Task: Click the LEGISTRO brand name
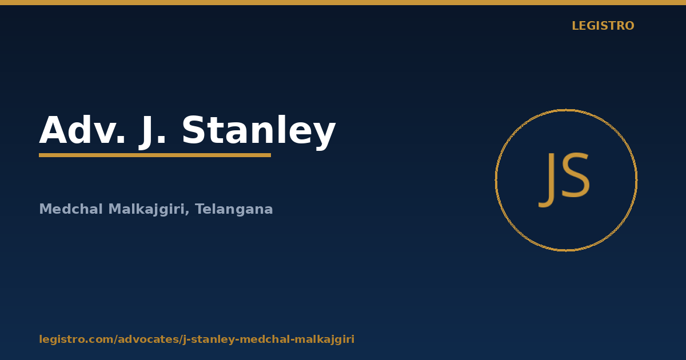pyautogui.click(x=603, y=26)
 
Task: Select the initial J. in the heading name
pyautogui.click(x=152, y=132)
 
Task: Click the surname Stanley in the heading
pyautogui.click(x=259, y=132)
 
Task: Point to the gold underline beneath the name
pyautogui.click(x=155, y=155)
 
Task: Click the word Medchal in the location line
pyautogui.click(x=71, y=209)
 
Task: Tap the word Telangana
pyautogui.click(x=234, y=210)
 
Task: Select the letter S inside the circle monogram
pyautogui.click(x=575, y=175)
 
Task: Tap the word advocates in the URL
pyautogui.click(x=149, y=339)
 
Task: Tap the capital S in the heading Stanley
pyautogui.click(x=194, y=130)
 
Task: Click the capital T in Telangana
pyautogui.click(x=201, y=209)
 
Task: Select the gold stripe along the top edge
pyautogui.click(x=343, y=2)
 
